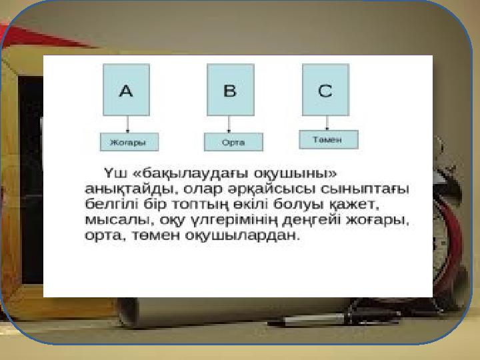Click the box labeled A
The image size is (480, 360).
(126, 90)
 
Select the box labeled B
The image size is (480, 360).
(231, 90)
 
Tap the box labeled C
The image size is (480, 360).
(326, 90)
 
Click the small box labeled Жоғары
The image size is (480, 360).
(129, 142)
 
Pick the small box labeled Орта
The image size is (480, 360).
(233, 142)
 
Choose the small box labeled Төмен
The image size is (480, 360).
(329, 139)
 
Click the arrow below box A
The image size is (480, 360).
(127, 124)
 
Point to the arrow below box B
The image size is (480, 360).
(229, 124)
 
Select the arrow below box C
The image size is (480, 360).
(327, 123)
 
